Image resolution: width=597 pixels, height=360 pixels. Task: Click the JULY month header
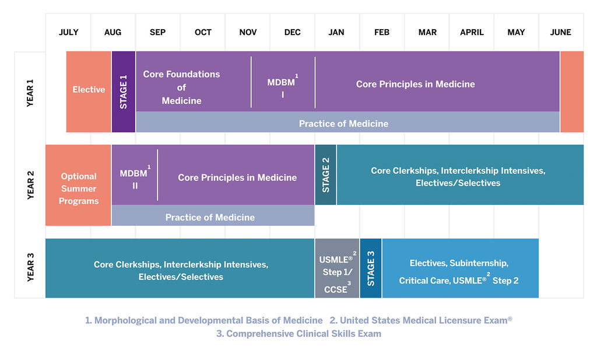pyautogui.click(x=69, y=32)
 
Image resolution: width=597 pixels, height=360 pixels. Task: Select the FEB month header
pyautogui.click(x=382, y=32)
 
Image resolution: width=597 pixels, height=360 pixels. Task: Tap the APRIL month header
pyautogui.click(x=472, y=32)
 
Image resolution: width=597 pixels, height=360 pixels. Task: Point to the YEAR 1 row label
pyautogui.click(x=30, y=93)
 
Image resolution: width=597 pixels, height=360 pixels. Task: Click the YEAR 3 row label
pyautogui.click(x=30, y=267)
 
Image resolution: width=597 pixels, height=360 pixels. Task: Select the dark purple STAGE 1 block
pyautogui.click(x=124, y=92)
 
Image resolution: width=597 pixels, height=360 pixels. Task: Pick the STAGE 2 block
pyautogui.click(x=325, y=175)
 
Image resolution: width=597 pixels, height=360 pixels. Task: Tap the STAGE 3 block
pyautogui.click(x=371, y=268)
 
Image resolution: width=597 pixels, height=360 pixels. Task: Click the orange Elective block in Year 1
pyautogui.click(x=89, y=92)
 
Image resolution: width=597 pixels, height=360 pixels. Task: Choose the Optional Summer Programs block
pyautogui.click(x=78, y=185)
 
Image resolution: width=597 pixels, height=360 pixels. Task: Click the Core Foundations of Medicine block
pyautogui.click(x=194, y=82)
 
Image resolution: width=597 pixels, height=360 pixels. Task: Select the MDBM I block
pyautogui.click(x=283, y=82)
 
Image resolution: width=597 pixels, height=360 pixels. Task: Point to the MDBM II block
pyautogui.click(x=135, y=175)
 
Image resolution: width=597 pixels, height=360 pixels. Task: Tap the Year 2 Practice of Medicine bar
pyautogui.click(x=213, y=216)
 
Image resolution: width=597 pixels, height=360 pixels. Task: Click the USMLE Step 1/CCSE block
pyautogui.click(x=337, y=268)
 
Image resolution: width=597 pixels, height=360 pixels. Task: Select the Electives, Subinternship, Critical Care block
pyautogui.click(x=461, y=268)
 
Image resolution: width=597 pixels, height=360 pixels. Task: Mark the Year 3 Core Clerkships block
pyautogui.click(x=180, y=268)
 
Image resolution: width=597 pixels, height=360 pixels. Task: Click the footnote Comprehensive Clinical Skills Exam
pyautogui.click(x=299, y=334)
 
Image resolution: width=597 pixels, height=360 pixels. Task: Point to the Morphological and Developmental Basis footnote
pyautogui.click(x=203, y=320)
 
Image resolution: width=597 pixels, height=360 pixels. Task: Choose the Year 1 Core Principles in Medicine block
pyautogui.click(x=437, y=82)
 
